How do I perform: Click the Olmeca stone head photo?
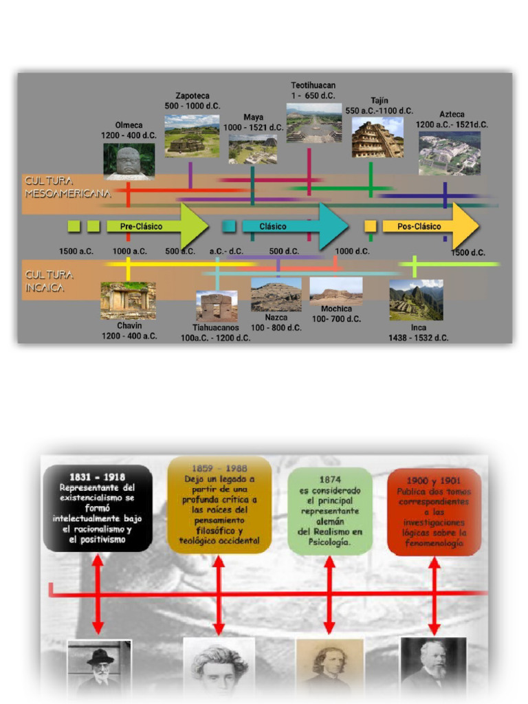point(129,162)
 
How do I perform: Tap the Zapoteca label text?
point(192,96)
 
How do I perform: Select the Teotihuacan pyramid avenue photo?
point(313,123)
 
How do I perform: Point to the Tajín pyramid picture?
point(377,137)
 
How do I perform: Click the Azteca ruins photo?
point(450,153)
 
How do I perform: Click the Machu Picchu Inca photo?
point(416,300)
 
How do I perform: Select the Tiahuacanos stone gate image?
point(217,306)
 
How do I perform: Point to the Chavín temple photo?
point(128,300)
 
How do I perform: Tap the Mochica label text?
point(336,309)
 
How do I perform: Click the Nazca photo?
point(276,295)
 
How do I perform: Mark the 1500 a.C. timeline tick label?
point(76,252)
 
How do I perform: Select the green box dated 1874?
point(329,510)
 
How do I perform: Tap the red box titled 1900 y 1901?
point(434,511)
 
